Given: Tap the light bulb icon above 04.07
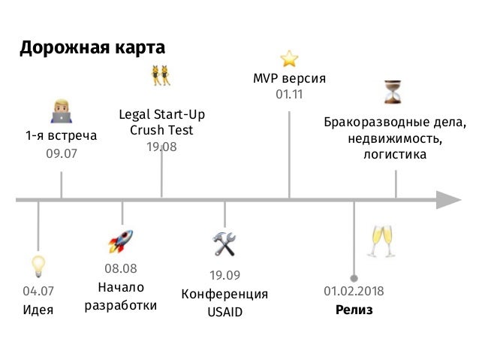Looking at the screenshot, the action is tap(38, 266).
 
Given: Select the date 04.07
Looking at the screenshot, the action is tap(38, 291).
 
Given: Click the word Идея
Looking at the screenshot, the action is tap(38, 310).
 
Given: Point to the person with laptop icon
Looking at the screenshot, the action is tap(61, 111).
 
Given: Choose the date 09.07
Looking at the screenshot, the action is tap(62, 153).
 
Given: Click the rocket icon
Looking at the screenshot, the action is tap(121, 242).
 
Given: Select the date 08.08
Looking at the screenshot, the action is tap(121, 268).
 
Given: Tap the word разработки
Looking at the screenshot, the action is tap(121, 305).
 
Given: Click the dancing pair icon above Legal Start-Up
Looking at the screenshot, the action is tap(161, 76).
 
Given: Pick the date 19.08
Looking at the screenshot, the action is tap(161, 147).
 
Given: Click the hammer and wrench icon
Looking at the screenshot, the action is tap(224, 244).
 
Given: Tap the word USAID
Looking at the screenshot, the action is tap(224, 312).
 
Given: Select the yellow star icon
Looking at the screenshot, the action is tap(289, 59).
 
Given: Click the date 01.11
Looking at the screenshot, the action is tap(289, 95).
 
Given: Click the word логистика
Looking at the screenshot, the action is tap(395, 155).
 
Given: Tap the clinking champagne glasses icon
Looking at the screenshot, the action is tap(378, 241).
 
